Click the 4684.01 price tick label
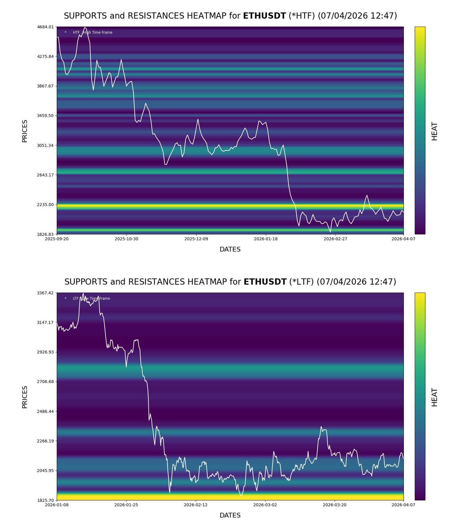click(46, 27)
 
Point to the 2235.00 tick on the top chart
click(46, 205)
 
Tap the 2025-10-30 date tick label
click(127, 239)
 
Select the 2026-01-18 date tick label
click(266, 239)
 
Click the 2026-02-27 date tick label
click(336, 239)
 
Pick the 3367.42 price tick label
click(46, 293)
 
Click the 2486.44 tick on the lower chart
click(46, 412)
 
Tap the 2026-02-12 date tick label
click(195, 505)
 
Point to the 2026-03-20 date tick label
click(335, 505)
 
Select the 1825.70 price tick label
click(46, 501)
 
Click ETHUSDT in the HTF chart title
click(265, 16)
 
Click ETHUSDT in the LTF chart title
click(265, 282)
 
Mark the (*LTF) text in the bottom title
click(301, 282)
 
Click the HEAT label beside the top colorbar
click(434, 131)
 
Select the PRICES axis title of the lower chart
click(25, 397)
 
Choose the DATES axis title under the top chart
click(230, 250)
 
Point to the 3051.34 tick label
click(46, 145)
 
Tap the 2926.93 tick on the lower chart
click(46, 352)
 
